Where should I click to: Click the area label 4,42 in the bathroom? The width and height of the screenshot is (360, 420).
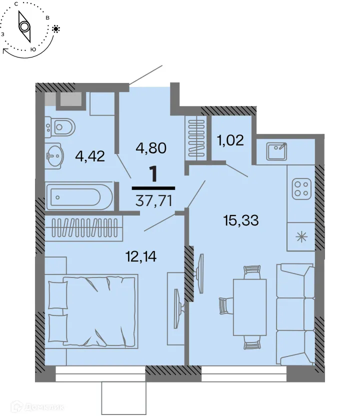(x=90, y=156)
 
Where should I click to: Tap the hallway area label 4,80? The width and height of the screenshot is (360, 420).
(x=151, y=148)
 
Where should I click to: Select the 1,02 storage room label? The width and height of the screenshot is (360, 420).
(x=230, y=139)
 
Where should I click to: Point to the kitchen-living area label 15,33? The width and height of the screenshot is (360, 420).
(x=241, y=220)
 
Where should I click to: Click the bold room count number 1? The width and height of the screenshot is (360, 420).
(x=154, y=175)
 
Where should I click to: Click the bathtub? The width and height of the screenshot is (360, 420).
(x=79, y=197)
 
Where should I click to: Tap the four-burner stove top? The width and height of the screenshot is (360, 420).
(x=301, y=189)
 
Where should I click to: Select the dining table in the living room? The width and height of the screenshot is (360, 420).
(x=249, y=307)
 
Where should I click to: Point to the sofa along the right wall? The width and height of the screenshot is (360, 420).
(x=296, y=314)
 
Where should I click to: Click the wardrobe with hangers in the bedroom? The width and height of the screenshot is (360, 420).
(x=83, y=229)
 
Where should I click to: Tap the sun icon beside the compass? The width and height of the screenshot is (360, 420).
(x=55, y=29)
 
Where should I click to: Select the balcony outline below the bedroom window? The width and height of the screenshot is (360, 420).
(x=123, y=398)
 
